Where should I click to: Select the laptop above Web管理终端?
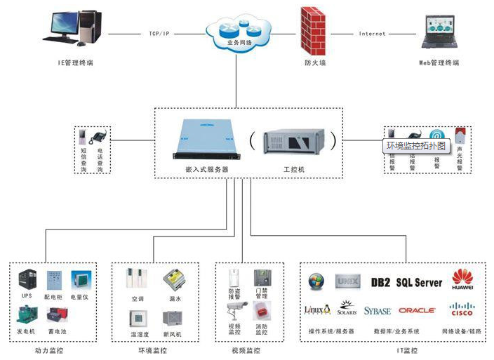pos(439,33)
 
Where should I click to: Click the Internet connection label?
pos(372,34)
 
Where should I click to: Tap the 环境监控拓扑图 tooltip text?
pos(416,146)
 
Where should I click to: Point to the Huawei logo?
pos(462,279)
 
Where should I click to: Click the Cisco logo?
pos(462,309)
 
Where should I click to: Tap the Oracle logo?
pos(417,310)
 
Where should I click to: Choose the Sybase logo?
pos(378,310)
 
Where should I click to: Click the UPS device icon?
pos(27,279)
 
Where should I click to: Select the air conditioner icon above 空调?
pos(136,279)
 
